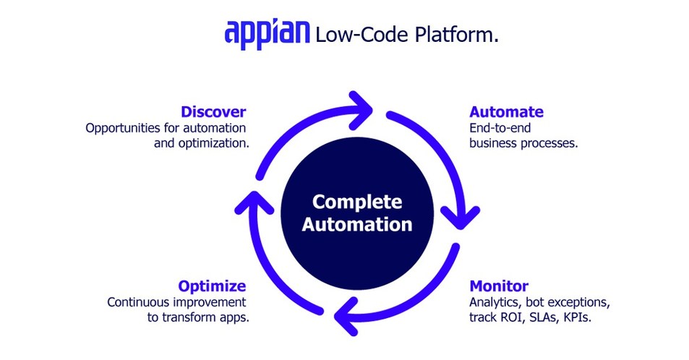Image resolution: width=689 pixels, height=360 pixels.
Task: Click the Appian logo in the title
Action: tap(267, 33)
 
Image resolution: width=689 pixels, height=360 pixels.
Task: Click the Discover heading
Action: tap(213, 112)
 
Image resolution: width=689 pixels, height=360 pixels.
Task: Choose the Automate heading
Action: tap(506, 112)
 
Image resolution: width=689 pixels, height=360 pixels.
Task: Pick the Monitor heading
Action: tap(499, 286)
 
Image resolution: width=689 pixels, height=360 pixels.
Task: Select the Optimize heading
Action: tap(212, 286)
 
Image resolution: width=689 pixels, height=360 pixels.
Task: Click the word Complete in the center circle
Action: tap(357, 202)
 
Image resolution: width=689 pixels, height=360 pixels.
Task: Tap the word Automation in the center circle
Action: tap(357, 225)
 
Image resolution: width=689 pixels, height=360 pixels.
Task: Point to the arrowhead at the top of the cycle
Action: tap(361, 107)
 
